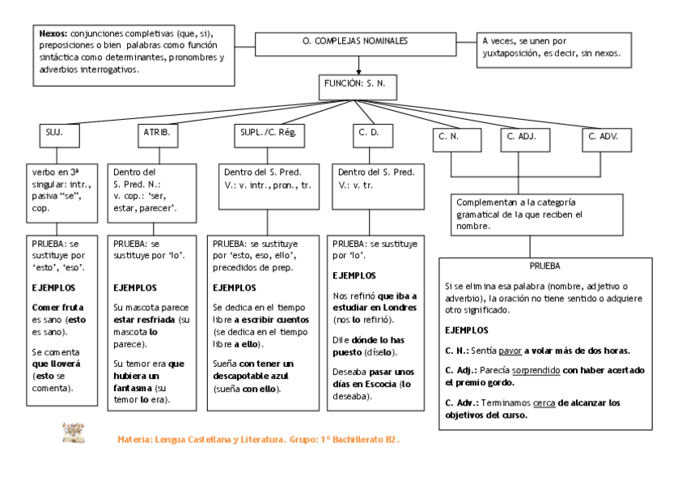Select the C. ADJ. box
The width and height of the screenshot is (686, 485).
[x=523, y=138]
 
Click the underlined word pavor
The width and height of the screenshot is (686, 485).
[x=510, y=351]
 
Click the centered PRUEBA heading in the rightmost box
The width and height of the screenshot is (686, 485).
[x=544, y=265]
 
